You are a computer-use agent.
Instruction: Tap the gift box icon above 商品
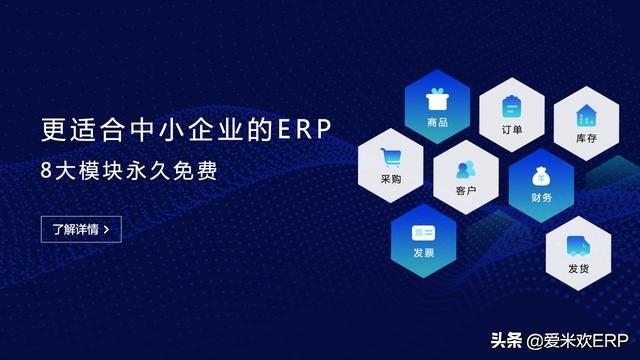(436, 100)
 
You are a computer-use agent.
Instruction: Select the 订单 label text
(511, 129)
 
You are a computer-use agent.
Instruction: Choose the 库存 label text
(586, 139)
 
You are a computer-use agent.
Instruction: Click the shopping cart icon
(391, 157)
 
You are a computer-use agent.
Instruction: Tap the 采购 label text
(391, 180)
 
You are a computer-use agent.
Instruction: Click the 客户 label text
(465, 190)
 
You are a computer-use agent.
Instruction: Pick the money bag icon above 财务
(540, 177)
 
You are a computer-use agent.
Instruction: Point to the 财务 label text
(541, 199)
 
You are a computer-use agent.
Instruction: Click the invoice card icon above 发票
(423, 232)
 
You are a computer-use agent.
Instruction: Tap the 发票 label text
(423, 254)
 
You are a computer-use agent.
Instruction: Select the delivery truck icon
(578, 245)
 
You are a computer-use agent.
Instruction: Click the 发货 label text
(578, 268)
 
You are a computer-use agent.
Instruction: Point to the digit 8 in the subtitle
(47, 171)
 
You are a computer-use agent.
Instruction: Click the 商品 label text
(437, 123)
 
